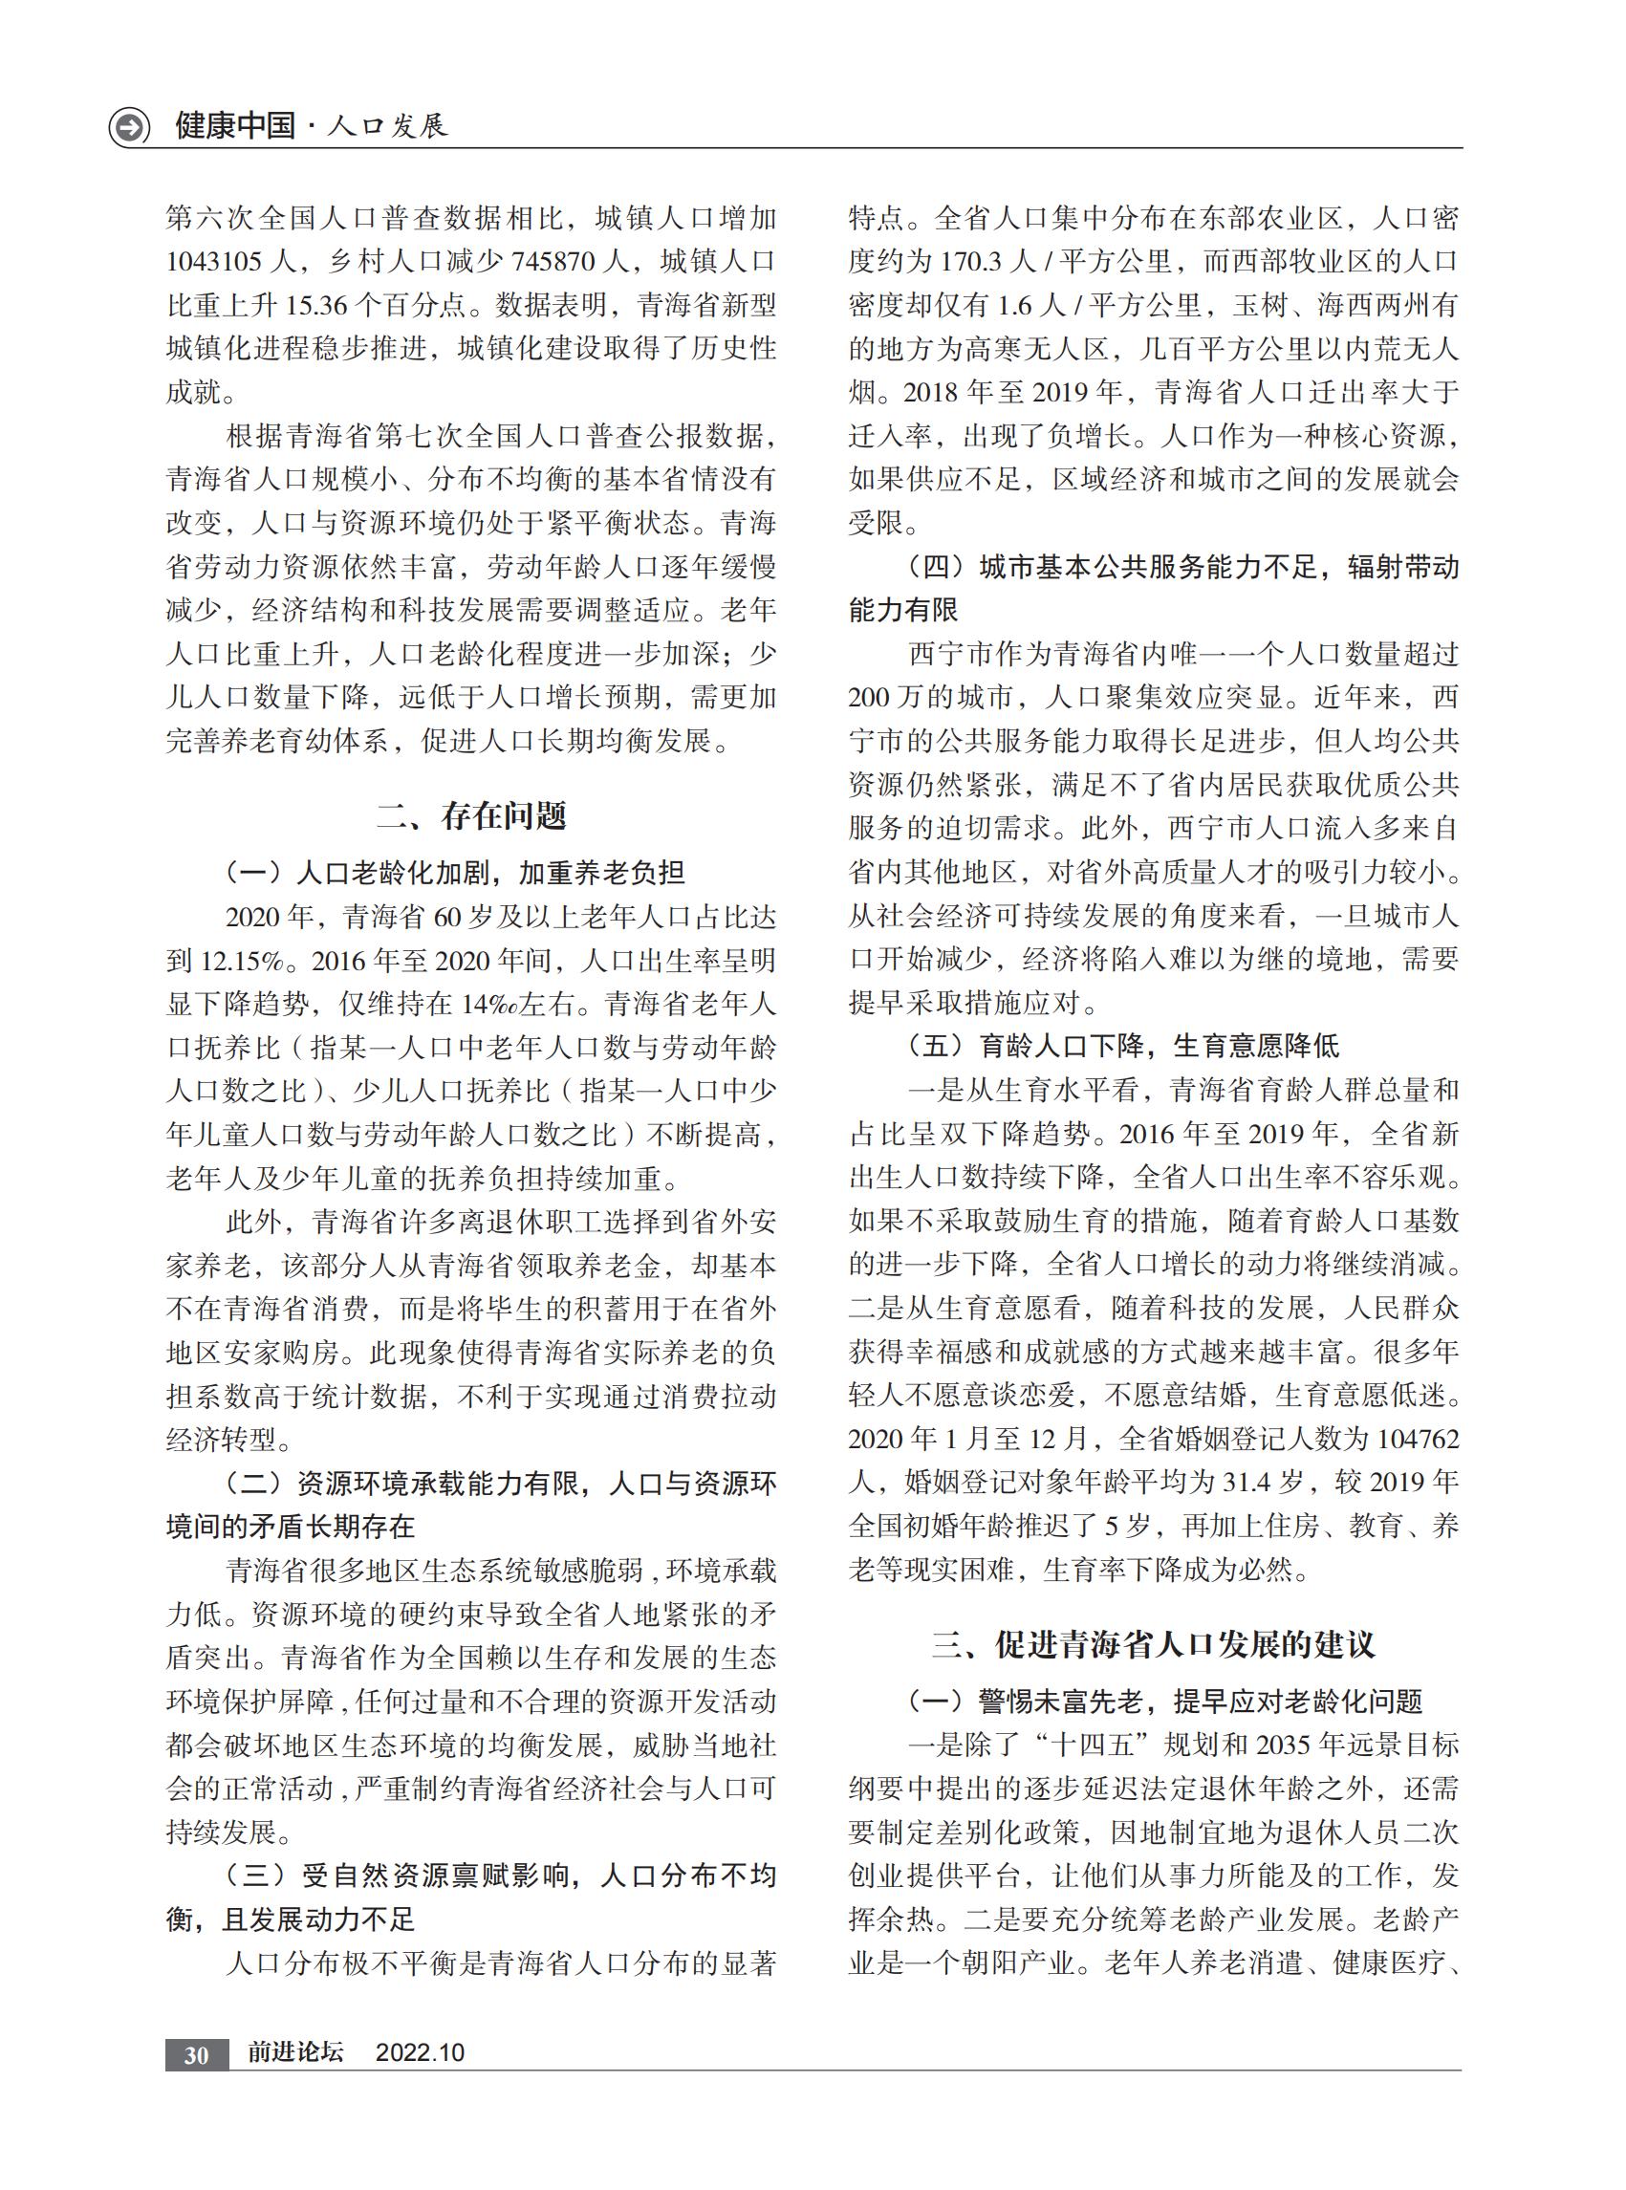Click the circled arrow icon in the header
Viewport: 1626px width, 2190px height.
click(129, 127)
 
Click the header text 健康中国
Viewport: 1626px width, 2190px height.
click(235, 126)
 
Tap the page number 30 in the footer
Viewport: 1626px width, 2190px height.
click(196, 2054)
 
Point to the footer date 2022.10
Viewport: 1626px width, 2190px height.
click(420, 2052)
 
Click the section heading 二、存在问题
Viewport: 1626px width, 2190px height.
click(471, 815)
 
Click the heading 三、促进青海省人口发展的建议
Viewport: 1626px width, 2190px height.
click(1153, 1645)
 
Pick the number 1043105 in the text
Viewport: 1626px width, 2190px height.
click(213, 262)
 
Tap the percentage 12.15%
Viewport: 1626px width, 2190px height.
click(243, 961)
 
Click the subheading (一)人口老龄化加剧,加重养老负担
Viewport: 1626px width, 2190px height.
click(455, 873)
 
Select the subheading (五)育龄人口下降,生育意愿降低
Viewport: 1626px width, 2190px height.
click(1122, 1047)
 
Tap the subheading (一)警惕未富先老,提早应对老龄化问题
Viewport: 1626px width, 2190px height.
click(1163, 1701)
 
